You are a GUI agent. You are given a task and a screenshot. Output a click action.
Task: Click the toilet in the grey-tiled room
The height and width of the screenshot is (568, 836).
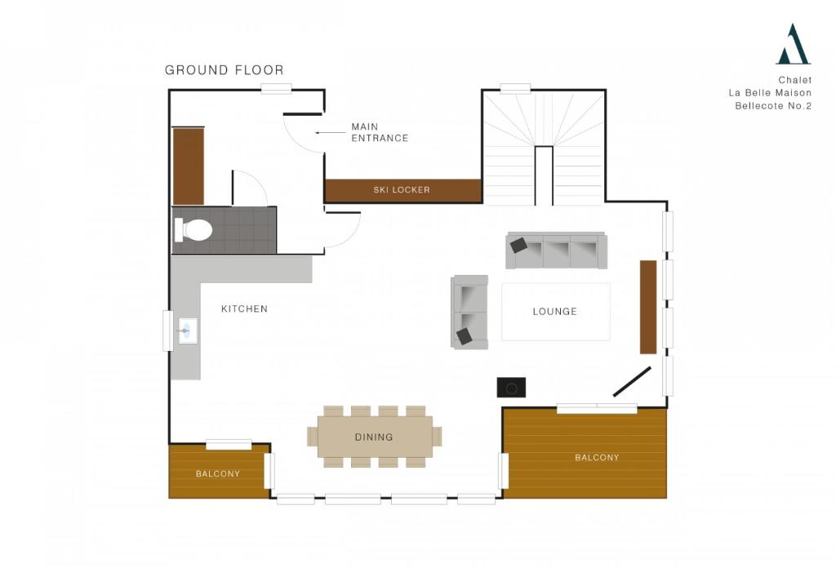[193, 229]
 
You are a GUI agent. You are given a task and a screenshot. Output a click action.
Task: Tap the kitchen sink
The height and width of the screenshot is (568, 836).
[188, 331]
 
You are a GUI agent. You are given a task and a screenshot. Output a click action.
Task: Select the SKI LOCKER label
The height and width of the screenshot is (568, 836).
[402, 189]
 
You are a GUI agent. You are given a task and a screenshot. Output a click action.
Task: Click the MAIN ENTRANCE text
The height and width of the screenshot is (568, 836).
[380, 132]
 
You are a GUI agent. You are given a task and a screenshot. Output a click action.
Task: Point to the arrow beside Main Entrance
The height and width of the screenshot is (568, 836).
[331, 133]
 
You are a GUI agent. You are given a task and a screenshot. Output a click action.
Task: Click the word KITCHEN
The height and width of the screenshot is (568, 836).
[244, 308]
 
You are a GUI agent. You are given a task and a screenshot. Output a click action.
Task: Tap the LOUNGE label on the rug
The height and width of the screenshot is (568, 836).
[554, 311]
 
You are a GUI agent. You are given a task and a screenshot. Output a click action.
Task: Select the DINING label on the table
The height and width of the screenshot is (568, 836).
[374, 437]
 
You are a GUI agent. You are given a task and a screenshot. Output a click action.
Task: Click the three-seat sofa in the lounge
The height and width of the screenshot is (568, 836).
[556, 251]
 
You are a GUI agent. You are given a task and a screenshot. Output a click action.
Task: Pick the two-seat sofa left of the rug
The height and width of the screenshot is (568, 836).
[469, 313]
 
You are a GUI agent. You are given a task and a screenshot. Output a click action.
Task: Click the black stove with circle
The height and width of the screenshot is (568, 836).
[511, 388]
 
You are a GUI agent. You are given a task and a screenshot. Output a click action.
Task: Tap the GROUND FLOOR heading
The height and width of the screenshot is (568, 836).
[224, 70]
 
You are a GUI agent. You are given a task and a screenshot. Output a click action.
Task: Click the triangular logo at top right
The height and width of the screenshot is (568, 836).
[793, 44]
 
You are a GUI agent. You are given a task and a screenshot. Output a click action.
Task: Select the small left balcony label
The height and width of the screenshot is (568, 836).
[217, 473]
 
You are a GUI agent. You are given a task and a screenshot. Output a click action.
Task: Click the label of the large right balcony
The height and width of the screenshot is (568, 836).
[597, 457]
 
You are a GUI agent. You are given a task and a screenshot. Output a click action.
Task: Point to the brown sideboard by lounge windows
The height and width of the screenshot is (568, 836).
[648, 307]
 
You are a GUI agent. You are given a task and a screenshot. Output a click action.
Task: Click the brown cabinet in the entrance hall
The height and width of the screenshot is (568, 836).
[189, 166]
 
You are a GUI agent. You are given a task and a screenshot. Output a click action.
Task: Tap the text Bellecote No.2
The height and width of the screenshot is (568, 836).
[773, 105]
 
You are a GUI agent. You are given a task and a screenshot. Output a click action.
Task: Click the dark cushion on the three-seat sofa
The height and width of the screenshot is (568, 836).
[518, 245]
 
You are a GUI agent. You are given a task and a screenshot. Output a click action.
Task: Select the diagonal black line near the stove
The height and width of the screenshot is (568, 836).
[632, 381]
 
